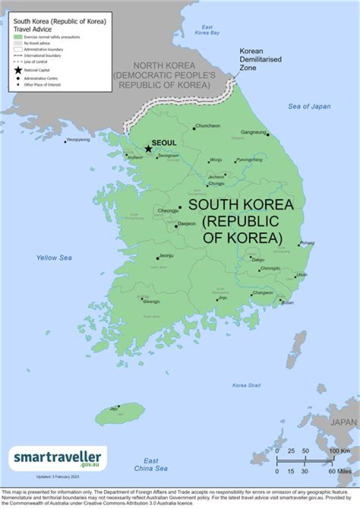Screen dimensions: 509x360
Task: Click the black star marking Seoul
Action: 148,148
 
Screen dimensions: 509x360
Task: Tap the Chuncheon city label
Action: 208,126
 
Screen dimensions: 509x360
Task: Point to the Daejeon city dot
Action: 176,226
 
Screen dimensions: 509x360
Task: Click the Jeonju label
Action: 166,256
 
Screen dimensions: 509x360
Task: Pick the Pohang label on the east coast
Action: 307,243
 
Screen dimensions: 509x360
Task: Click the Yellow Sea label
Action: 53,258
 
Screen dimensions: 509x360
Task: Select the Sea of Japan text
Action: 309,106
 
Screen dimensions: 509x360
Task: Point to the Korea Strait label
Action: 246,385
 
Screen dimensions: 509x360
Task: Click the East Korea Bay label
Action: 207,30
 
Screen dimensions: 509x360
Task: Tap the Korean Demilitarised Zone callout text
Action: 260,59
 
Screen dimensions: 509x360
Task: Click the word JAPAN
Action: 343,422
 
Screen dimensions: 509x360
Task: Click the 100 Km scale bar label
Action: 339,451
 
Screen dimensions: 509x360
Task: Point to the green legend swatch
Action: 18,37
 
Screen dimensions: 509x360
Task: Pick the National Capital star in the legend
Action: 18,70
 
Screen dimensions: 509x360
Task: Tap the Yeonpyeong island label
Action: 78,140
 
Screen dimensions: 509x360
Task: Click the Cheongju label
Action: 168,211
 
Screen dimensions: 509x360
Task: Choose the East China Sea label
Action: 150,464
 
